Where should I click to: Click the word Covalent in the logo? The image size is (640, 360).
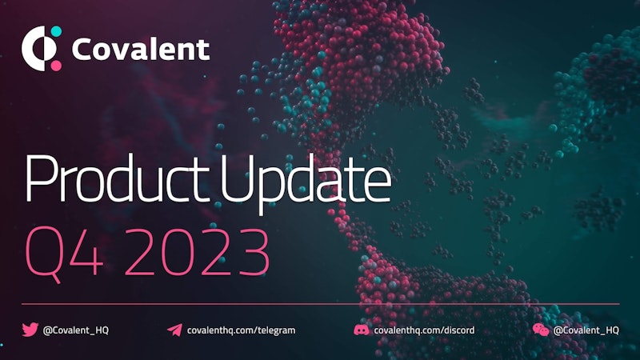click(141, 50)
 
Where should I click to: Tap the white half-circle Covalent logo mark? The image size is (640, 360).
click(34, 49)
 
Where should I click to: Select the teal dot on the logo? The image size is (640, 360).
click(56, 31)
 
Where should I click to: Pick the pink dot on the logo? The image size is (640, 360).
click(56, 66)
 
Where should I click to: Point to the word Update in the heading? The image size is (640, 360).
click(306, 183)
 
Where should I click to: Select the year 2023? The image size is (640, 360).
click(197, 251)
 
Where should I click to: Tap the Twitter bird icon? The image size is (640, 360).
click(30, 330)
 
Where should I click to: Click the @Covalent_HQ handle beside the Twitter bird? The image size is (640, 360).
click(76, 330)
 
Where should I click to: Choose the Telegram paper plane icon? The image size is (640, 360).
click(174, 330)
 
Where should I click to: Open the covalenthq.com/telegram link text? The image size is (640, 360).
click(242, 330)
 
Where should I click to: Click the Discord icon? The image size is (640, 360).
click(362, 330)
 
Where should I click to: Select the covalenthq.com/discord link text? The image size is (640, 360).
click(425, 330)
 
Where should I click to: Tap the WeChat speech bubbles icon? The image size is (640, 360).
click(541, 330)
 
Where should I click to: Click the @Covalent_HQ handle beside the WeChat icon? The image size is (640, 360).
click(586, 330)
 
